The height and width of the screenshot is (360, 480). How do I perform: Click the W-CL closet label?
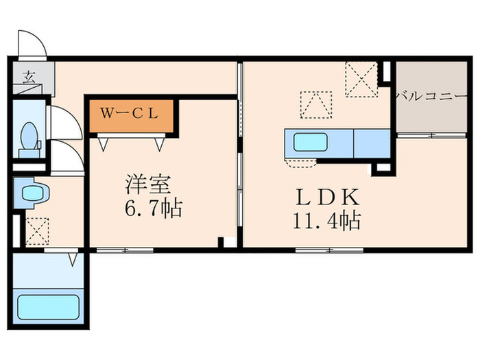pos(130,114)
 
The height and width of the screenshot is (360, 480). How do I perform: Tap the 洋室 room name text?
pos(148,184)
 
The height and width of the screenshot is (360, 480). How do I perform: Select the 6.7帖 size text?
pos(154,208)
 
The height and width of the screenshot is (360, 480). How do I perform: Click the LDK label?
pos(327,197)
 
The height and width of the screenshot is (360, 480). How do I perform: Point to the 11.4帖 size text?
pos(327,220)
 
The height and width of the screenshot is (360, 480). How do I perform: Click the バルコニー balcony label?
pos(431,97)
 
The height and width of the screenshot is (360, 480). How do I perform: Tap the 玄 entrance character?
pos(29,77)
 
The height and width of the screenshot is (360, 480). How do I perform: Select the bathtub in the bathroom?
pos(49,307)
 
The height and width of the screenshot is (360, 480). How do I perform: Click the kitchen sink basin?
pos(310,142)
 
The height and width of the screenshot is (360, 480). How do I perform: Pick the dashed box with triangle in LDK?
pos(316,105)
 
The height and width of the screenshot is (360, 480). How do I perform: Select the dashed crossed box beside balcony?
pos(361,80)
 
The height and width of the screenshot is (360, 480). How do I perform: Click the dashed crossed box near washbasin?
pos(37,232)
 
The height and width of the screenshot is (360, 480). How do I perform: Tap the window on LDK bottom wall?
pos(329,250)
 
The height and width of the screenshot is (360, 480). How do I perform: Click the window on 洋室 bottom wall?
pos(125,250)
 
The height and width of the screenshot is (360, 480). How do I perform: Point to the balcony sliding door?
pos(431,135)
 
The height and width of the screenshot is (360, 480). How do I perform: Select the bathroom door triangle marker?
pos(73,259)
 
